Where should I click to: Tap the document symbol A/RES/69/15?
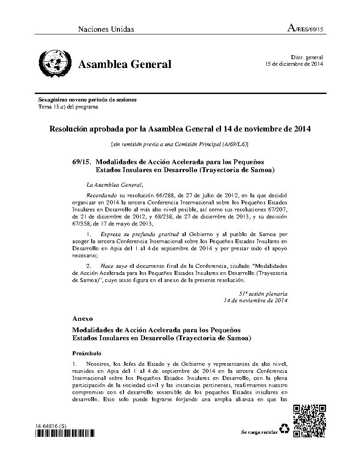coord(305,29)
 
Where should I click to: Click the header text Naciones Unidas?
coord(106,30)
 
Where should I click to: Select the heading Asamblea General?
coord(125,64)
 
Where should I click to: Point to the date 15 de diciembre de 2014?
coord(294,64)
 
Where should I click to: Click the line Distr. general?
coord(307,57)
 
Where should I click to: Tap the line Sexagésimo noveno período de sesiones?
coord(87,100)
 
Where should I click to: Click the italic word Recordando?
coord(102,195)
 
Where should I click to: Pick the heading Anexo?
coord(82,318)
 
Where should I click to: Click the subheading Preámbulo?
coord(87,353)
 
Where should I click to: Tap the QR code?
coord(310,421)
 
